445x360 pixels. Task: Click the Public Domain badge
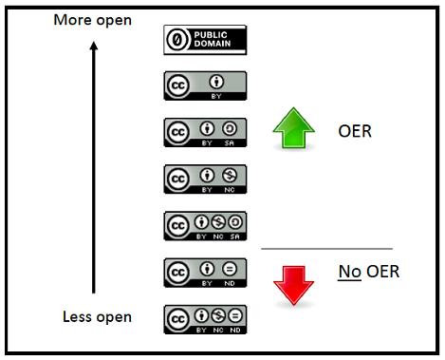pyautogui.click(x=205, y=39)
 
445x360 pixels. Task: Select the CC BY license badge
pyautogui.click(x=205, y=85)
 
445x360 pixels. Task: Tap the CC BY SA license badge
pyautogui.click(x=205, y=131)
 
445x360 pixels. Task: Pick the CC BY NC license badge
pyautogui.click(x=205, y=179)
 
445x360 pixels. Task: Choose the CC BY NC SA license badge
pyautogui.click(x=205, y=225)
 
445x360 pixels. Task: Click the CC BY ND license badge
pyautogui.click(x=205, y=272)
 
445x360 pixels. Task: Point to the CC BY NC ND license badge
pyautogui.click(x=205, y=317)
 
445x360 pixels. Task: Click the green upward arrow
pyautogui.click(x=294, y=131)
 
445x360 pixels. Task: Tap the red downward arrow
pyautogui.click(x=294, y=283)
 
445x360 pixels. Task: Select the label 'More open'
pyautogui.click(x=93, y=19)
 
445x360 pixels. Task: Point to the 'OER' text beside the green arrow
pyautogui.click(x=354, y=131)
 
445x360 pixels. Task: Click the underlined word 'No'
pyautogui.click(x=347, y=273)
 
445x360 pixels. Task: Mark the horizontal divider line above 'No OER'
pyautogui.click(x=326, y=250)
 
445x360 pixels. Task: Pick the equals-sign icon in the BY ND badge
pyautogui.click(x=229, y=269)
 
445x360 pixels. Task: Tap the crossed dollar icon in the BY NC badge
pyautogui.click(x=229, y=175)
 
